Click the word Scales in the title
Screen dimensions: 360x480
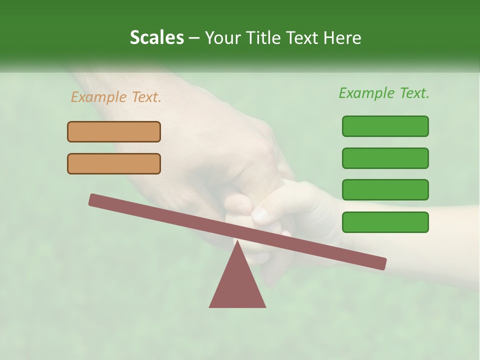tap(156, 37)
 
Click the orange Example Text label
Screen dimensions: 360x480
tap(116, 97)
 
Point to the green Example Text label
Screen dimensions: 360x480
tap(384, 93)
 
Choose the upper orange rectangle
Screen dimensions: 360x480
tap(114, 131)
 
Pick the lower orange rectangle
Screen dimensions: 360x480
tap(114, 163)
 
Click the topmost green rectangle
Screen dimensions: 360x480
tap(385, 126)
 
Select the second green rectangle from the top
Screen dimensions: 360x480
tap(385, 158)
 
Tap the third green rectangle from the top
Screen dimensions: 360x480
tap(385, 189)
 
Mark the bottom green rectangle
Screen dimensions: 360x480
tap(385, 222)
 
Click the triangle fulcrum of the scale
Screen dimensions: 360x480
tap(237, 285)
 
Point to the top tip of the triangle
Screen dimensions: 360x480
tap(237, 241)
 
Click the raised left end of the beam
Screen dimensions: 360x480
tap(93, 199)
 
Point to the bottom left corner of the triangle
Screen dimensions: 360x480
tap(209, 307)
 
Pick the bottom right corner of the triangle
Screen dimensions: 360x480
tap(265, 307)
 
